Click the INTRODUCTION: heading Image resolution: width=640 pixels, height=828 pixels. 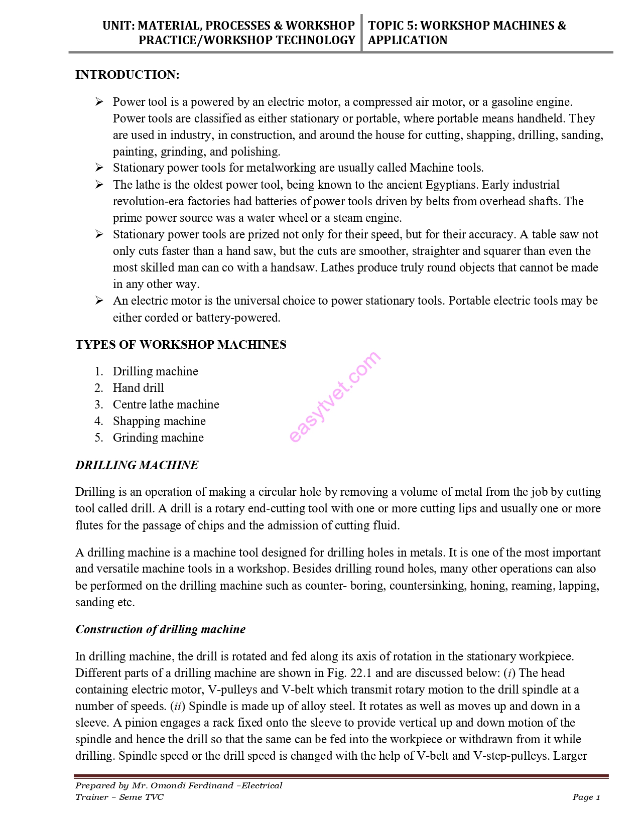click(x=127, y=75)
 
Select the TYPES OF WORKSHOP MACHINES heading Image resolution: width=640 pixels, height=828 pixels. click(x=181, y=345)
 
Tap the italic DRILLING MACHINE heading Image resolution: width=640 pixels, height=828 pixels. click(x=137, y=465)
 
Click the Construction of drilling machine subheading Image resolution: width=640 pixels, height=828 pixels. click(x=160, y=629)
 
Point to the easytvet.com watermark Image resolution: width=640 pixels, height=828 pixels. click(x=335, y=396)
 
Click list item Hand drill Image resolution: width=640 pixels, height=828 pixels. click(x=138, y=388)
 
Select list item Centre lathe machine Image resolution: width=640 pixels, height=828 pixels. click(x=166, y=404)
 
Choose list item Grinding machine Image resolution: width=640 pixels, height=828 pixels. click(x=158, y=438)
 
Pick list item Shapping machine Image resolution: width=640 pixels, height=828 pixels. click(x=159, y=421)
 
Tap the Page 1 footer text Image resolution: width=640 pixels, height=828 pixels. click(x=586, y=797)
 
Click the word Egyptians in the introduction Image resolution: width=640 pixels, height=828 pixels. click(x=452, y=185)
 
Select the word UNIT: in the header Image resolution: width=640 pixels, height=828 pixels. click(x=118, y=26)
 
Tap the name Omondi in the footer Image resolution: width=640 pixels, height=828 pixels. click(x=170, y=785)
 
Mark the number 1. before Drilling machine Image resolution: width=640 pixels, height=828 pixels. click(x=99, y=371)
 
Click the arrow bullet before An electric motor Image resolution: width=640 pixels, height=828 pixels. click(x=99, y=301)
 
